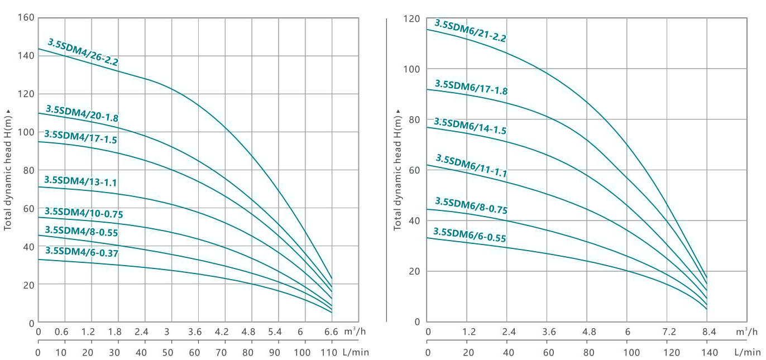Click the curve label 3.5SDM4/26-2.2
[83, 52]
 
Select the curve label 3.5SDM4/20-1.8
[82, 113]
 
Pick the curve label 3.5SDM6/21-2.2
[470, 31]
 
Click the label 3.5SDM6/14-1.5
[470, 126]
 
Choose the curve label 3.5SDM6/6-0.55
[470, 235]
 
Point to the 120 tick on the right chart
[413, 18]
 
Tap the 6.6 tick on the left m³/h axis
[332, 332]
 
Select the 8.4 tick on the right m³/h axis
[709, 332]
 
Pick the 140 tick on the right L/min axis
[709, 353]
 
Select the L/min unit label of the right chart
[747, 353]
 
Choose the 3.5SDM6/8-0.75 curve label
[471, 205]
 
